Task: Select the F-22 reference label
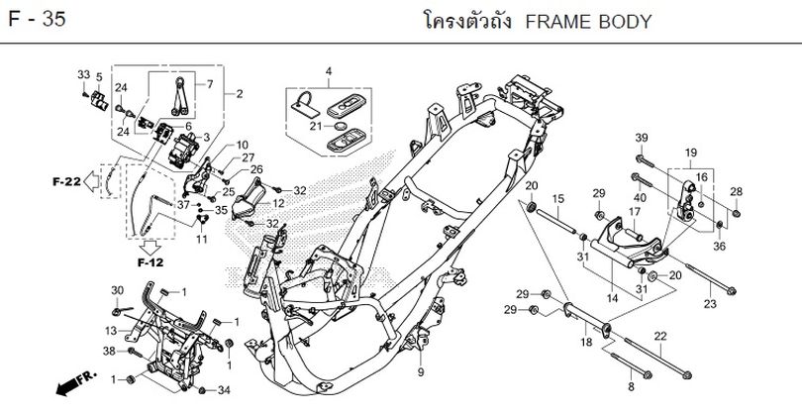click(x=66, y=181)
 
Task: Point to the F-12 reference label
click(x=150, y=262)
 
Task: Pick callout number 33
click(x=83, y=75)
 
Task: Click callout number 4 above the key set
click(x=329, y=70)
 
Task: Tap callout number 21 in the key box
click(x=314, y=127)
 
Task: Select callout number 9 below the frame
click(x=420, y=372)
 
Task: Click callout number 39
click(x=641, y=137)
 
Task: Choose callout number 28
click(x=736, y=191)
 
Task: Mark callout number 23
click(x=709, y=303)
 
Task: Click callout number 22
click(x=659, y=336)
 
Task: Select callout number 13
click(x=111, y=330)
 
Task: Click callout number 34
click(x=224, y=390)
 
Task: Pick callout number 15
click(x=557, y=199)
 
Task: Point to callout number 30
click(x=117, y=289)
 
